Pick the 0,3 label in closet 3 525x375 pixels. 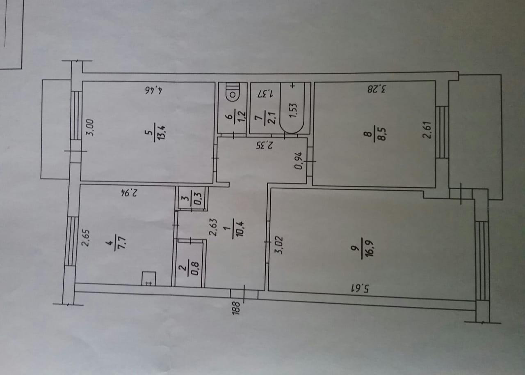coord(198,199)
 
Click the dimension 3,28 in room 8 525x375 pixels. coord(377,88)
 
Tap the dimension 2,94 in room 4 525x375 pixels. coord(129,192)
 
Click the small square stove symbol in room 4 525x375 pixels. coord(148,279)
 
